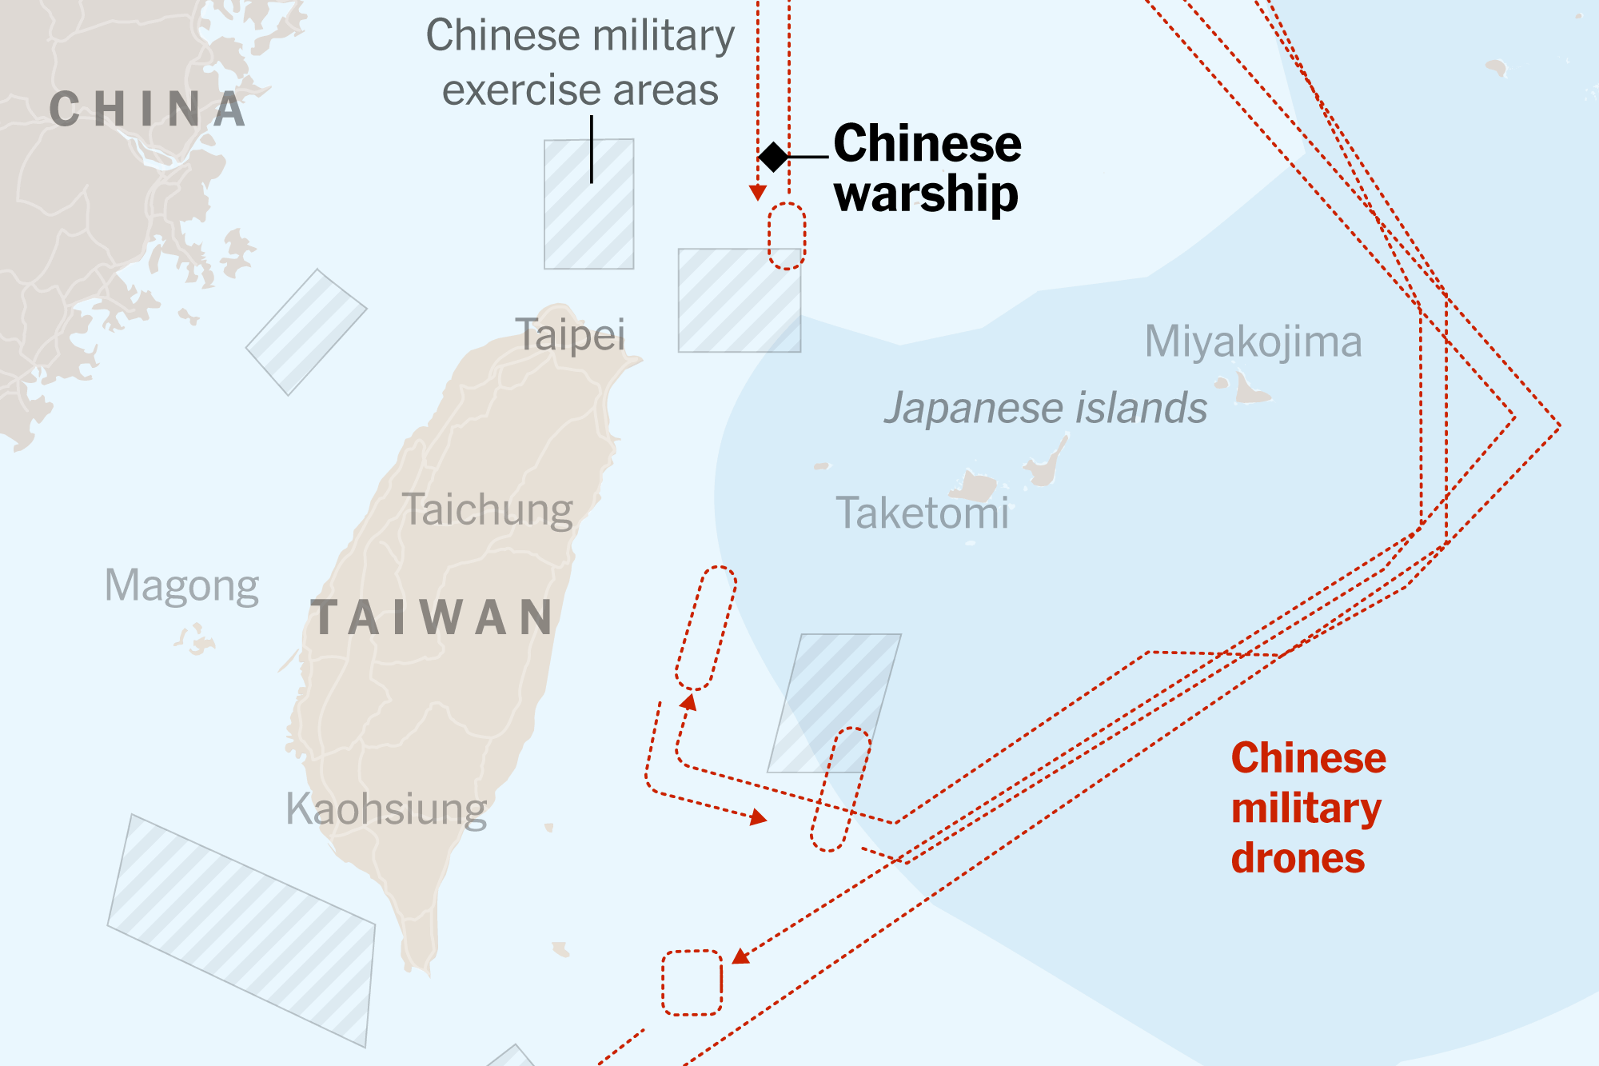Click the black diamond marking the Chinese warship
[x=773, y=157]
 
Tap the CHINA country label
[x=147, y=110]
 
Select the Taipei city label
[x=570, y=334]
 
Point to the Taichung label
[x=488, y=509]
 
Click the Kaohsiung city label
[x=386, y=808]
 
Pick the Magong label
[x=181, y=585]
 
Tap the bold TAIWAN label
[x=433, y=617]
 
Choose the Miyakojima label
[x=1253, y=341]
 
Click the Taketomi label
[x=922, y=513]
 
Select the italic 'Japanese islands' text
[x=1045, y=408]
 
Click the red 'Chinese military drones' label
[x=1308, y=808]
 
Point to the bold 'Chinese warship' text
[x=927, y=168]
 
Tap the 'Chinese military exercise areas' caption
[x=580, y=62]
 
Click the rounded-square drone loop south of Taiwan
[x=692, y=983]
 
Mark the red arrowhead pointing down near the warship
[x=758, y=193]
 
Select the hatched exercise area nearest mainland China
[x=306, y=332]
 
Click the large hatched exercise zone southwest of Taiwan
[x=241, y=930]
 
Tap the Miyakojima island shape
[x=1250, y=390]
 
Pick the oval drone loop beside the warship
[x=787, y=236]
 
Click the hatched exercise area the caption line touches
[x=589, y=205]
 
